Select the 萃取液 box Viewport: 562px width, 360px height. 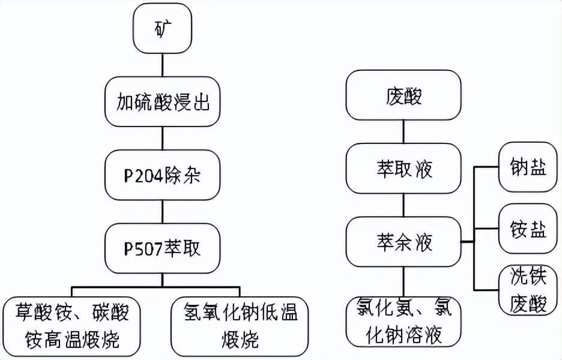(x=403, y=169)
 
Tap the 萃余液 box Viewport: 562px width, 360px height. (x=403, y=242)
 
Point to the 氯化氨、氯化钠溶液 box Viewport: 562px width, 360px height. (x=403, y=323)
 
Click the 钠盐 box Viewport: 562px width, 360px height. (x=528, y=167)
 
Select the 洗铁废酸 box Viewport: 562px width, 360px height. (x=528, y=290)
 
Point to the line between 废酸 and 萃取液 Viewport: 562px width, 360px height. (x=403, y=133)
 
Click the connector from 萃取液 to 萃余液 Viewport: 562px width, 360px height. (x=403, y=206)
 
